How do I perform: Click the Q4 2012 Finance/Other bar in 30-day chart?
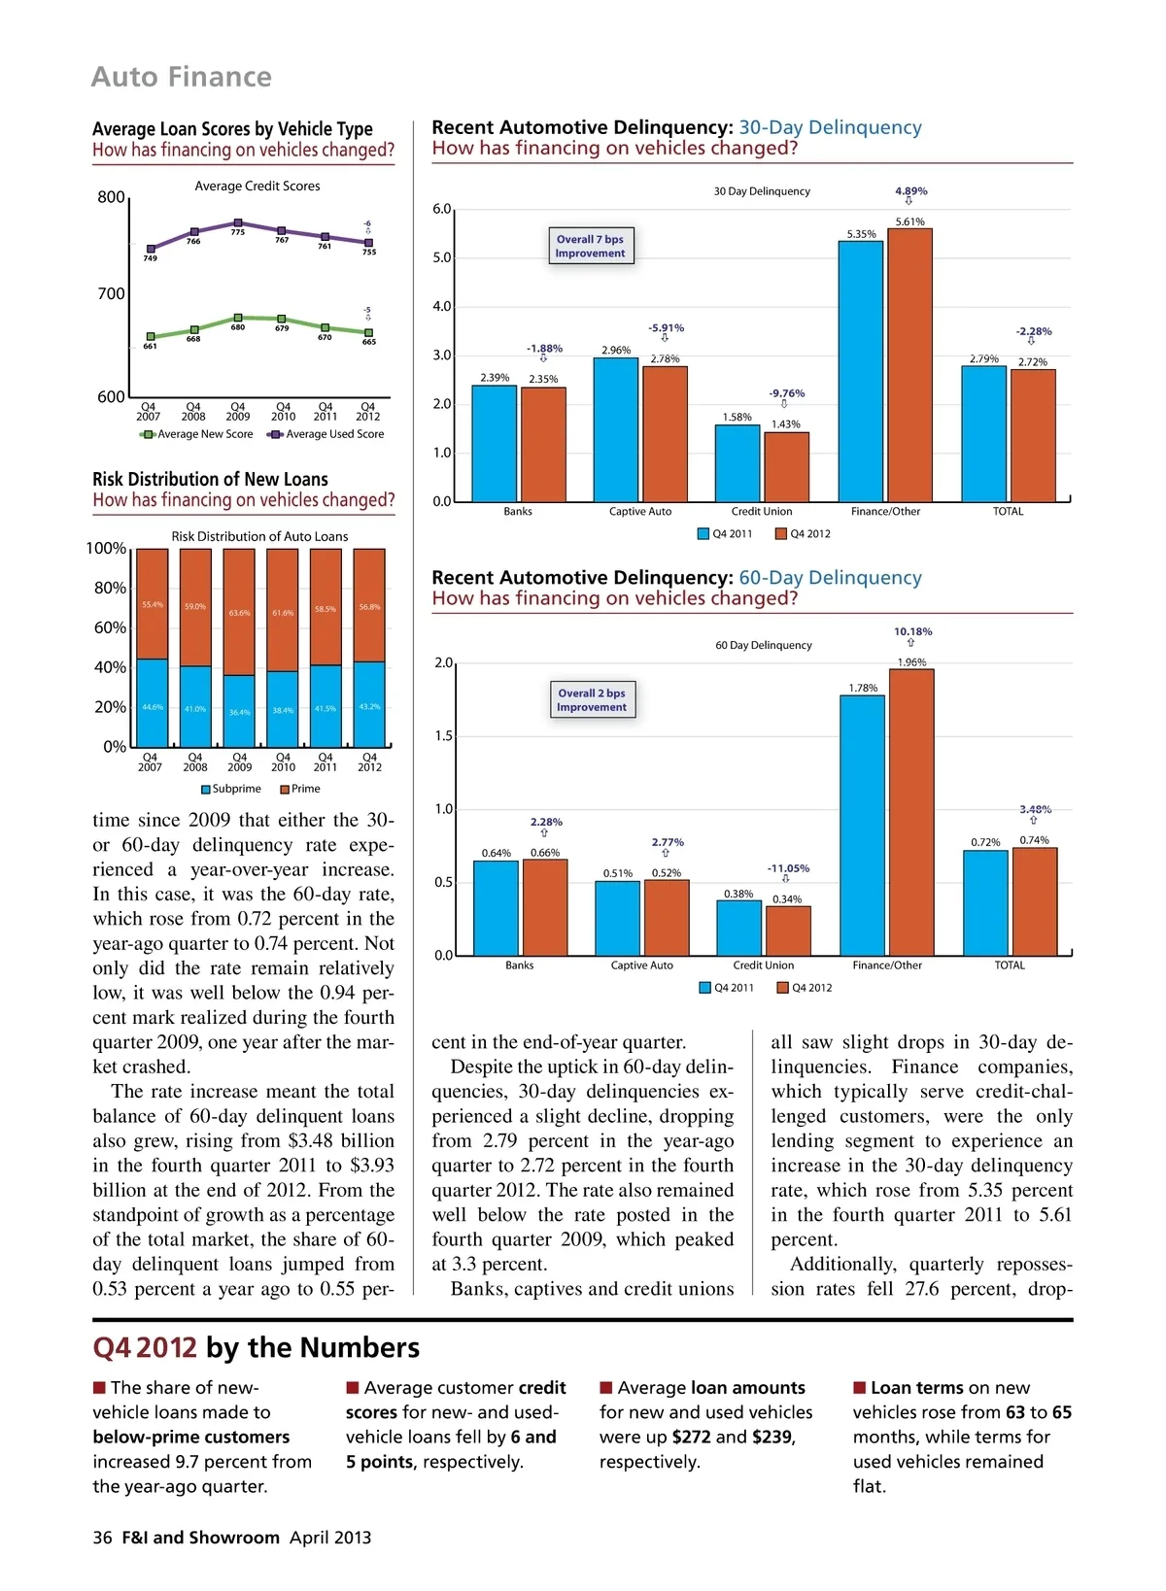(x=909, y=364)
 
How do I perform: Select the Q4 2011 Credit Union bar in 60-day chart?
(x=738, y=928)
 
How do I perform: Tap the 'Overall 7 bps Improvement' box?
(x=590, y=246)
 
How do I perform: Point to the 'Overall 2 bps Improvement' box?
(x=592, y=699)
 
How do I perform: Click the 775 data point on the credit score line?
(x=238, y=222)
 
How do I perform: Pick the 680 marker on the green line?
(x=238, y=318)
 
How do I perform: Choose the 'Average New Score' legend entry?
(x=198, y=434)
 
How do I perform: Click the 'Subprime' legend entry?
(x=230, y=789)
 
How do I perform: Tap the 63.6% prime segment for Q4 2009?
(x=239, y=612)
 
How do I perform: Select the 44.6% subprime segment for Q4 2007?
(x=152, y=702)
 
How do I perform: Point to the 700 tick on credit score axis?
(x=111, y=293)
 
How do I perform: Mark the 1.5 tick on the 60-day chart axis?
(x=443, y=736)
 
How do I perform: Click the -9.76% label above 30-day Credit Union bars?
(x=787, y=393)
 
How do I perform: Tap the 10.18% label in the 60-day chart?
(x=912, y=631)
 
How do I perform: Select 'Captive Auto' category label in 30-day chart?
(x=640, y=512)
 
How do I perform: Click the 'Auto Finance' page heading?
(x=182, y=77)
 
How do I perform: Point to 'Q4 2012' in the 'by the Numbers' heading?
(x=145, y=1348)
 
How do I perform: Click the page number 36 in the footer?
(x=102, y=1538)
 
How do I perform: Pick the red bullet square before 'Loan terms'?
(x=860, y=1387)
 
